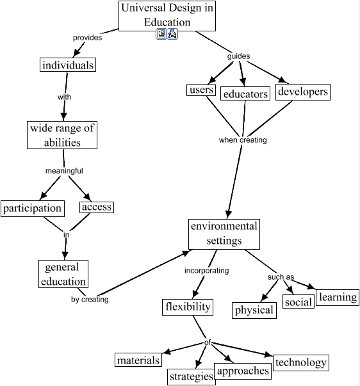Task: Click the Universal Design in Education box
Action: coord(167,16)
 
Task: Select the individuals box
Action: coord(68,65)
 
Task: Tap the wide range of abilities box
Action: coord(62,135)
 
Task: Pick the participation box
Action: coord(33,209)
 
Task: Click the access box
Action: coord(97,207)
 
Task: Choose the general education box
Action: coord(63,274)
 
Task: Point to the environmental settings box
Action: coord(224,234)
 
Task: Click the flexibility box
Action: coord(188,307)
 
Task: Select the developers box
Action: coord(303,92)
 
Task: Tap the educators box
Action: coord(245,93)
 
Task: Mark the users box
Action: coord(201,90)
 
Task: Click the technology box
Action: coord(301,362)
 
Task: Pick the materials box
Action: coord(138,360)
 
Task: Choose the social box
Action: coord(299,302)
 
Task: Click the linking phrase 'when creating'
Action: coord(243,140)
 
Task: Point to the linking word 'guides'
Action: coord(238,56)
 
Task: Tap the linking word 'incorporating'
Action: coord(206,271)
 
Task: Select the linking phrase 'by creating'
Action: coord(90,300)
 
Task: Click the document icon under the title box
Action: coord(161,34)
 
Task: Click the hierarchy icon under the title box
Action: coord(172,34)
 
